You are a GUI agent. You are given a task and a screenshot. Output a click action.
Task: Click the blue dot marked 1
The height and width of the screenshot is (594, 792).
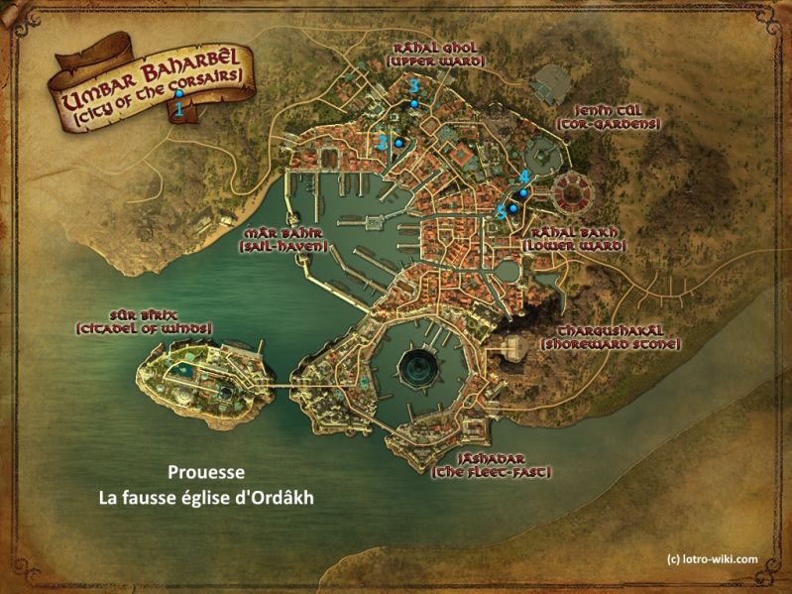(x=178, y=94)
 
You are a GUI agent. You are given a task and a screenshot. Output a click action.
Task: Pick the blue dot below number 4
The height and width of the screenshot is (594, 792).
(x=523, y=193)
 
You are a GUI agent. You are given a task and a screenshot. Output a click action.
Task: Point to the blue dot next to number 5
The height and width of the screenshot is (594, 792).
(x=513, y=208)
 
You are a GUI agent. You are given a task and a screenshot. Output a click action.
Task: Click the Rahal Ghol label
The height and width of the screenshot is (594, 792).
(x=436, y=46)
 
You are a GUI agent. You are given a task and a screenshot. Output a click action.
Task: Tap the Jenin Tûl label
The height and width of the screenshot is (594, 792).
(x=609, y=110)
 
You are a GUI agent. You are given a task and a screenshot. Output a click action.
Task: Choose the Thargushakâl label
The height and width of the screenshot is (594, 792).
(x=609, y=329)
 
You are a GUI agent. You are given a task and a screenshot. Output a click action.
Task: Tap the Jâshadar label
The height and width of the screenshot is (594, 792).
(x=491, y=458)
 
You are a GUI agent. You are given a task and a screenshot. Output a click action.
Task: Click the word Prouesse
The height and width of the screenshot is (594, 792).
(x=206, y=474)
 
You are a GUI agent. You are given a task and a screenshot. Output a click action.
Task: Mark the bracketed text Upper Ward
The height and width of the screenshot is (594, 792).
(x=436, y=60)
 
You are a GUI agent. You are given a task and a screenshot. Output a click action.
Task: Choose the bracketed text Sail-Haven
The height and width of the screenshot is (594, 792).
(x=283, y=245)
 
